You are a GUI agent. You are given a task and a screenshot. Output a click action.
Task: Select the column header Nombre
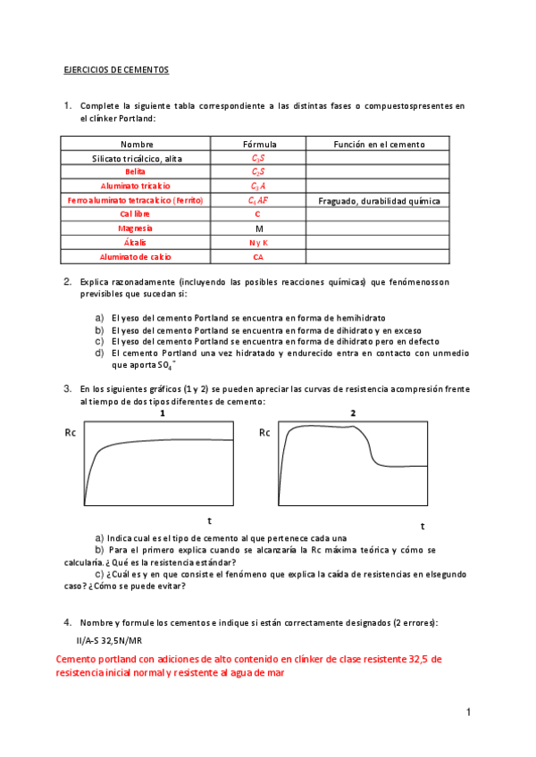tap(137, 144)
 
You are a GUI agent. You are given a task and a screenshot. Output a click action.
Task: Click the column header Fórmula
tap(259, 144)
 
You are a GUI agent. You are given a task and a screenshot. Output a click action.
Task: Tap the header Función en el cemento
tap(379, 144)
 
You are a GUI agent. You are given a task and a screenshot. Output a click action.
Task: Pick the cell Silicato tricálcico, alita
tap(137, 158)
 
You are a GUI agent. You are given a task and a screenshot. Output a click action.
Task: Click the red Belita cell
tap(137, 171)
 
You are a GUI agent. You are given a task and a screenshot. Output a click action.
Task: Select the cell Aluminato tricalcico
tap(137, 186)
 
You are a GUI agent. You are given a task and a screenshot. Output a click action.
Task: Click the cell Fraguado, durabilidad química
tap(379, 201)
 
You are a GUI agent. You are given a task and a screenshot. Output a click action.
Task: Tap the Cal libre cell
tap(137, 214)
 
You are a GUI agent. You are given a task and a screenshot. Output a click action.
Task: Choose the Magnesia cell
tap(137, 229)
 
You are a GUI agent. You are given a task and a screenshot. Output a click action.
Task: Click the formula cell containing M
tap(259, 229)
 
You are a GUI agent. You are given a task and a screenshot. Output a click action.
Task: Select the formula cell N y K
tap(259, 243)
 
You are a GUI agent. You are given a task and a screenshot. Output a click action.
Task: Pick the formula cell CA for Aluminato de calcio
tap(259, 257)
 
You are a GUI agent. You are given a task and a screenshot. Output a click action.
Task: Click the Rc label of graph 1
tap(71, 433)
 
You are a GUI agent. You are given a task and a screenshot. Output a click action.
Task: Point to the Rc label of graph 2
tap(264, 433)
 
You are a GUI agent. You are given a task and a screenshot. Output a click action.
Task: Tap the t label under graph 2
tap(423, 526)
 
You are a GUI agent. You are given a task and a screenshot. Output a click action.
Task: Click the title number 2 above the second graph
tap(353, 413)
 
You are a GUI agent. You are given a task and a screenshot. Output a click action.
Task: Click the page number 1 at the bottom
tap(467, 712)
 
